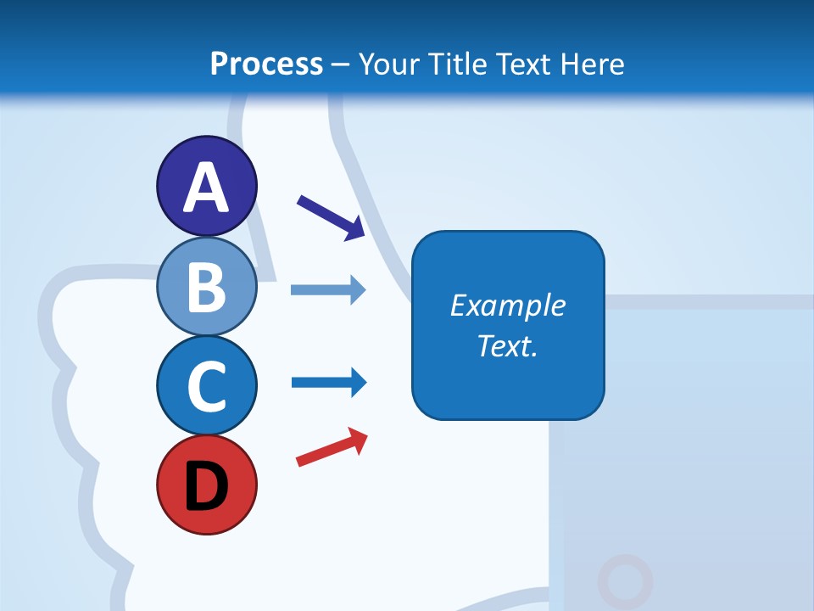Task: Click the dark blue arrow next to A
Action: [331, 217]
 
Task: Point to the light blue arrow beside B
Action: [328, 290]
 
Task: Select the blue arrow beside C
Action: [329, 383]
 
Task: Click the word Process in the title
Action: [266, 64]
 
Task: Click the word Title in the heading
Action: [454, 64]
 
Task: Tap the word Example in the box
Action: [507, 305]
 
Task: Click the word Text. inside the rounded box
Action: [507, 345]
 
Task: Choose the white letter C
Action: [206, 387]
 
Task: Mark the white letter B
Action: [206, 287]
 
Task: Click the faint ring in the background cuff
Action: [626, 582]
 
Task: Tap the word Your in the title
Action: [388, 64]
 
